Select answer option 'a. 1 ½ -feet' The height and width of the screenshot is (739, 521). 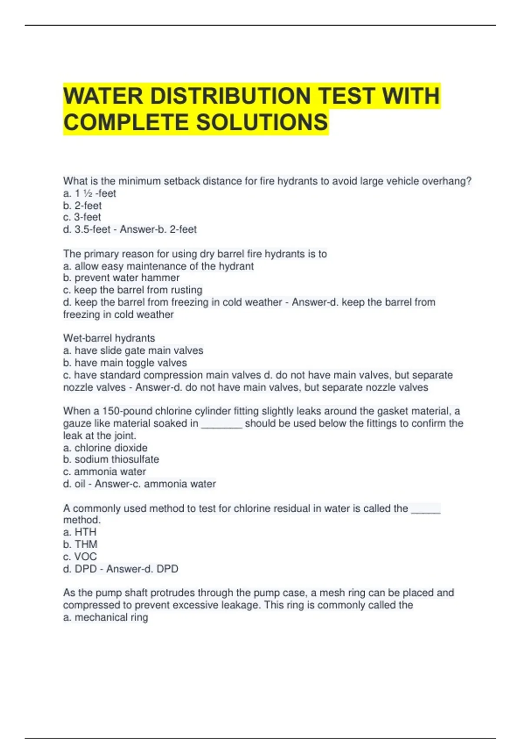(x=89, y=193)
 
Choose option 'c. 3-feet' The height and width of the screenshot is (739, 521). (x=82, y=217)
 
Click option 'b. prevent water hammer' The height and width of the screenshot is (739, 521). (x=121, y=278)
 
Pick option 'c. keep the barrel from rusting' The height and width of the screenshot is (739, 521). (x=132, y=290)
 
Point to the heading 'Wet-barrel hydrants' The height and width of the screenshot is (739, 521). (x=109, y=338)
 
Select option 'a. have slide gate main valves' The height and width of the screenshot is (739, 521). (x=133, y=350)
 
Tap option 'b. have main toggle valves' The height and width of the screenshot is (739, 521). (x=125, y=363)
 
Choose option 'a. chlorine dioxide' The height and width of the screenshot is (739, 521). (x=105, y=448)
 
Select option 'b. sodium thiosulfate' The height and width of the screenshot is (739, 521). (x=111, y=459)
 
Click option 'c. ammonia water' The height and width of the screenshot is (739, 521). (x=104, y=472)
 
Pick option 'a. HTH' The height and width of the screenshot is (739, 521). (x=80, y=532)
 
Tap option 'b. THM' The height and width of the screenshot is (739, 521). (x=80, y=544)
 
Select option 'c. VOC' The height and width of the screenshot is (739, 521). (x=80, y=556)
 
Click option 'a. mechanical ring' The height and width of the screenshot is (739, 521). (x=106, y=617)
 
